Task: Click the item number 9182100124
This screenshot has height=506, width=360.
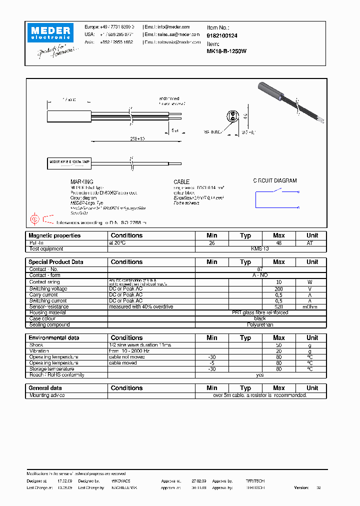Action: click(222, 35)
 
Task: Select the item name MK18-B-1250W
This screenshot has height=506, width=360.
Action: click(226, 51)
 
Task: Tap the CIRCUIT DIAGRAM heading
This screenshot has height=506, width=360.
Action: click(274, 180)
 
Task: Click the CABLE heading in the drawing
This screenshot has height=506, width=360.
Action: click(181, 182)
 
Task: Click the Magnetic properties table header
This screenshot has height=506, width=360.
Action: click(54, 235)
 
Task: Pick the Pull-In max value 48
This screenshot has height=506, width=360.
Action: click(278, 242)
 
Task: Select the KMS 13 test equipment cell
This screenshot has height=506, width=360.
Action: click(260, 248)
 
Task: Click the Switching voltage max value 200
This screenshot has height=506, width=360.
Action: click(278, 289)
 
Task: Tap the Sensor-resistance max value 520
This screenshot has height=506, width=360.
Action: click(278, 307)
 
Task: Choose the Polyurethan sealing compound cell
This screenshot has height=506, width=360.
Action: click(260, 325)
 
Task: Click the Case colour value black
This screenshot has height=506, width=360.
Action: click(260, 319)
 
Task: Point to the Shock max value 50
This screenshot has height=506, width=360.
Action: click(278, 345)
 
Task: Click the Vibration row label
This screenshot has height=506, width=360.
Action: click(39, 351)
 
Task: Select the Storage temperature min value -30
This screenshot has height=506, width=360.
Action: click(212, 369)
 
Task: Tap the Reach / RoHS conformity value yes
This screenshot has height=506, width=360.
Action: click(260, 375)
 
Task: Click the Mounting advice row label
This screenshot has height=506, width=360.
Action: click(47, 395)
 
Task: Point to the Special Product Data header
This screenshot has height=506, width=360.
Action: click(56, 262)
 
